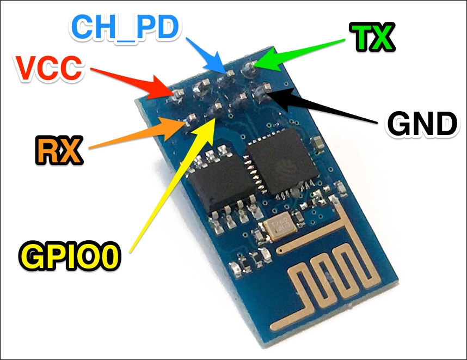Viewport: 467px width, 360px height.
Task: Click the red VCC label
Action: pyautogui.click(x=50, y=68)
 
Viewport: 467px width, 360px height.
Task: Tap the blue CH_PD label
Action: pyautogui.click(x=125, y=27)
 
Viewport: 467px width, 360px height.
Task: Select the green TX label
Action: pyautogui.click(x=372, y=37)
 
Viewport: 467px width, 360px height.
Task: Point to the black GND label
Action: pyautogui.click(x=422, y=124)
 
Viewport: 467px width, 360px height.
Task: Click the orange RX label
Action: pyautogui.click(x=59, y=150)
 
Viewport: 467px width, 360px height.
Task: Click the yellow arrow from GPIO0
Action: pyautogui.click(x=173, y=184)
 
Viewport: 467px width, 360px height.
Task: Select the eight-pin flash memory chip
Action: pyautogui.click(x=222, y=181)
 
